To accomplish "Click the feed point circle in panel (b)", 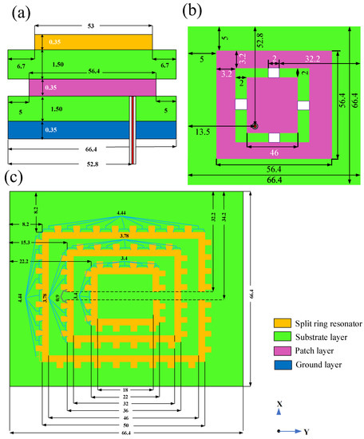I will [255, 125].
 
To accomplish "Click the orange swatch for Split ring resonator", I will [275, 322].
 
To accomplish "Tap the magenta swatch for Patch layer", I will [275, 350].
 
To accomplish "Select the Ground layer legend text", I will [312, 365].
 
